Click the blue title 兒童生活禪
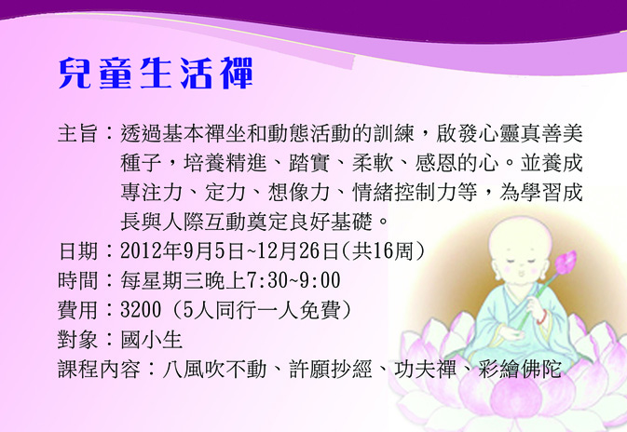(x=156, y=74)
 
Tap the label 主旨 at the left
(x=78, y=133)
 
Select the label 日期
(x=78, y=251)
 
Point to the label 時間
(x=78, y=280)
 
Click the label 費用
(x=78, y=310)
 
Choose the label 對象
(x=78, y=340)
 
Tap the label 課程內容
(x=99, y=369)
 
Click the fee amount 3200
(x=141, y=310)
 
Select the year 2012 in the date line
(x=141, y=251)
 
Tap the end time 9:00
(x=320, y=280)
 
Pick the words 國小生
(x=152, y=340)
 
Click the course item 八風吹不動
(x=214, y=369)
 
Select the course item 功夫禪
(x=425, y=369)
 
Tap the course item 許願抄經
(x=331, y=369)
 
